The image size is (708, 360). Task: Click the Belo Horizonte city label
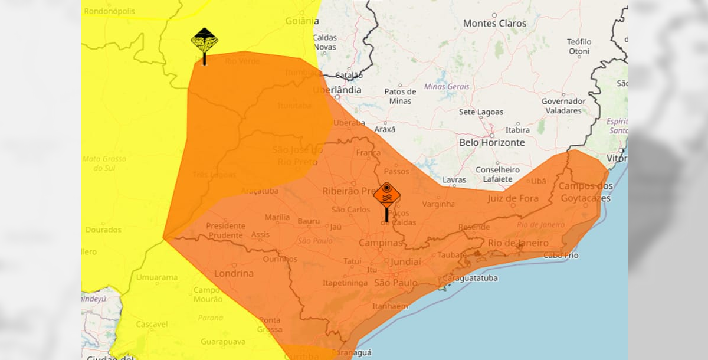click(491, 143)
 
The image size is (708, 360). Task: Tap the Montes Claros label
click(494, 24)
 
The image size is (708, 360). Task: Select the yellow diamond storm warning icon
click(204, 41)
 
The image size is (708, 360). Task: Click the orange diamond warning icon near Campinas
click(386, 195)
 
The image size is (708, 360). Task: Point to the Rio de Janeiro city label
click(518, 243)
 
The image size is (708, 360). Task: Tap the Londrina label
click(234, 273)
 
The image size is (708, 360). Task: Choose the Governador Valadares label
click(563, 106)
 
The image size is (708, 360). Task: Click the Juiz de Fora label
click(513, 198)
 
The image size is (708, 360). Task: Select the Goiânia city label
click(301, 21)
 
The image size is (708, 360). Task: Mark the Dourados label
click(103, 230)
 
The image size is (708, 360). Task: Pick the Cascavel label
click(152, 324)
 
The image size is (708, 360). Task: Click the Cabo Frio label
click(560, 256)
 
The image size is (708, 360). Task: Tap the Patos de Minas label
click(400, 96)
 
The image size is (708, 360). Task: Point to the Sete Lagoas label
click(481, 112)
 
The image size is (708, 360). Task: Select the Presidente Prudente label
click(225, 231)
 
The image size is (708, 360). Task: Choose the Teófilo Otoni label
click(579, 47)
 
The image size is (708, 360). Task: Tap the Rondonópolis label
click(110, 11)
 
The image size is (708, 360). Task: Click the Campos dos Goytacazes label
click(585, 192)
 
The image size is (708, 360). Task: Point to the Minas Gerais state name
click(447, 87)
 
